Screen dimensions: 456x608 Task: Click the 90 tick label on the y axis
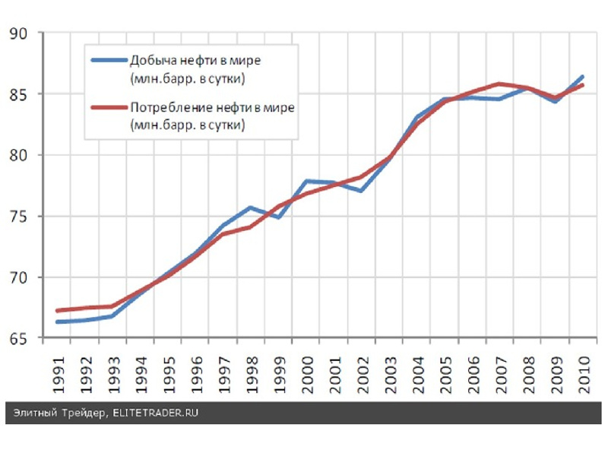pyautogui.click(x=18, y=33)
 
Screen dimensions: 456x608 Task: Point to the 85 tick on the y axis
pyautogui.click(x=18, y=95)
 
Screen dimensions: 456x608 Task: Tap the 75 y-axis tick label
pyautogui.click(x=18, y=217)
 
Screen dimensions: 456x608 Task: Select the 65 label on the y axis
pyautogui.click(x=18, y=339)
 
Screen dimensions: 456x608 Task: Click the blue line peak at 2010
pyautogui.click(x=582, y=76)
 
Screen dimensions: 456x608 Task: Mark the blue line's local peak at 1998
pyautogui.click(x=249, y=207)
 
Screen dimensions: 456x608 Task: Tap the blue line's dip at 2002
pyautogui.click(x=360, y=191)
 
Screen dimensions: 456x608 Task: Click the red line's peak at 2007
pyautogui.click(x=499, y=84)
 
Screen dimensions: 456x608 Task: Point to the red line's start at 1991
pyautogui.click(x=57, y=311)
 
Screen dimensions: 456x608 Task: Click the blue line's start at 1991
pyautogui.click(x=57, y=322)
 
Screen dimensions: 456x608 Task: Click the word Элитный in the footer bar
pyautogui.click(x=33, y=413)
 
